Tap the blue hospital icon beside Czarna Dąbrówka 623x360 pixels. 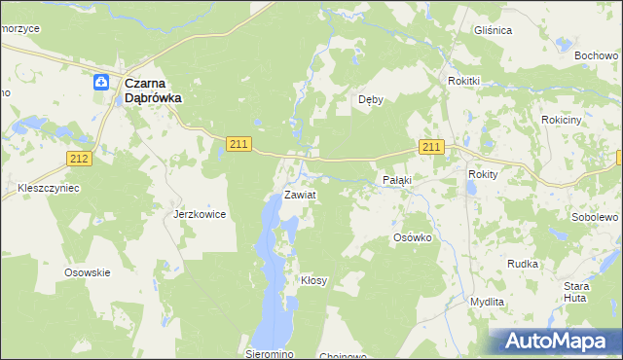coord(101,84)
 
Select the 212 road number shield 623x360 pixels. coord(80,159)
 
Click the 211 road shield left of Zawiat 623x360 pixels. coord(239,144)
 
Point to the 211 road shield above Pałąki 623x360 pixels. coord(432,147)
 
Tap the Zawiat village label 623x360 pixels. coord(300,195)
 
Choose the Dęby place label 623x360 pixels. coord(371,99)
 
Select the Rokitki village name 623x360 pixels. coord(465,81)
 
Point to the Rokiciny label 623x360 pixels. coord(561,119)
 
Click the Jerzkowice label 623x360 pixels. coord(200,213)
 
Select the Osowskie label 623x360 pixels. coord(87,272)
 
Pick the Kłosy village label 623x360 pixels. coord(313,280)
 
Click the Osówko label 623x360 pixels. coord(412,237)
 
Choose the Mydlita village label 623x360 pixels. coord(487,302)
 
